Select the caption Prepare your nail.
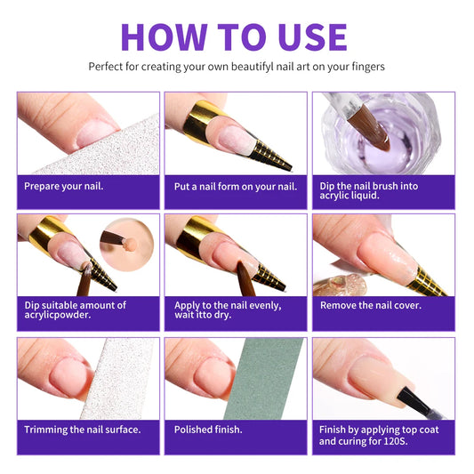(x=64, y=186)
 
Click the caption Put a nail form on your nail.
(x=235, y=186)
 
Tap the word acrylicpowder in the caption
(x=57, y=316)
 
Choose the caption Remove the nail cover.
(x=370, y=305)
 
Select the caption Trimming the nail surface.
(x=83, y=430)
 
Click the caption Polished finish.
(x=208, y=430)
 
